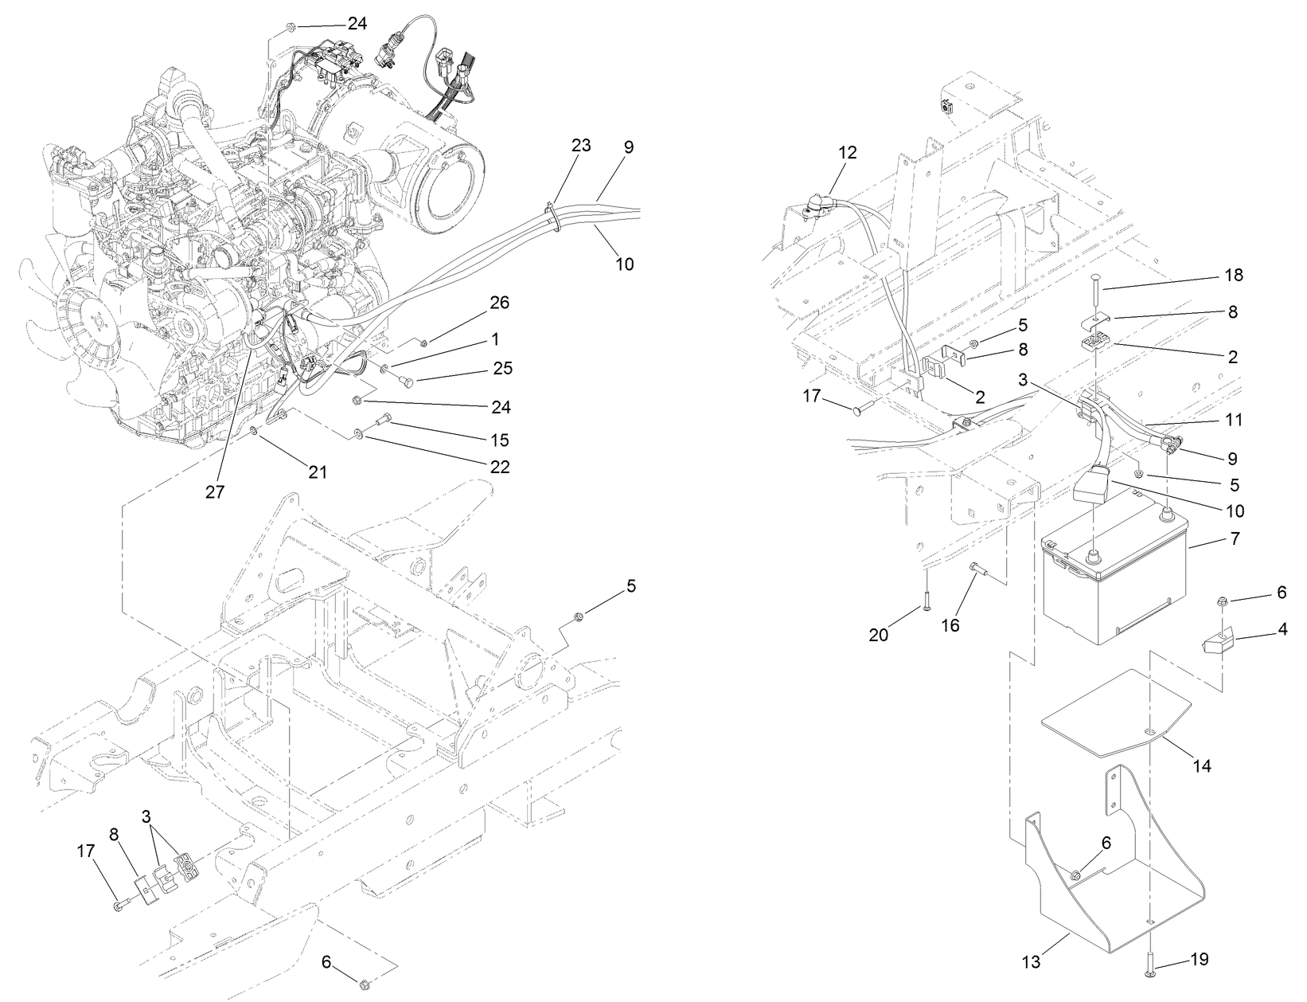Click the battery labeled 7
[1114, 581]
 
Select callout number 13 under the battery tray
[1031, 962]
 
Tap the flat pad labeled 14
[1114, 713]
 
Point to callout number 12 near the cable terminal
[848, 152]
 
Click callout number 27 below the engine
[215, 491]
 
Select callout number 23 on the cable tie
[581, 145]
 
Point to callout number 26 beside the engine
[500, 303]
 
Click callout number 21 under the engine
[318, 472]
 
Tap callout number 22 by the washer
[500, 468]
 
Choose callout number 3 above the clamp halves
[146, 816]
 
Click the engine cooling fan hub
[99, 323]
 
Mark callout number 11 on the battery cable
[1233, 420]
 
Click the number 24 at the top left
[357, 23]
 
